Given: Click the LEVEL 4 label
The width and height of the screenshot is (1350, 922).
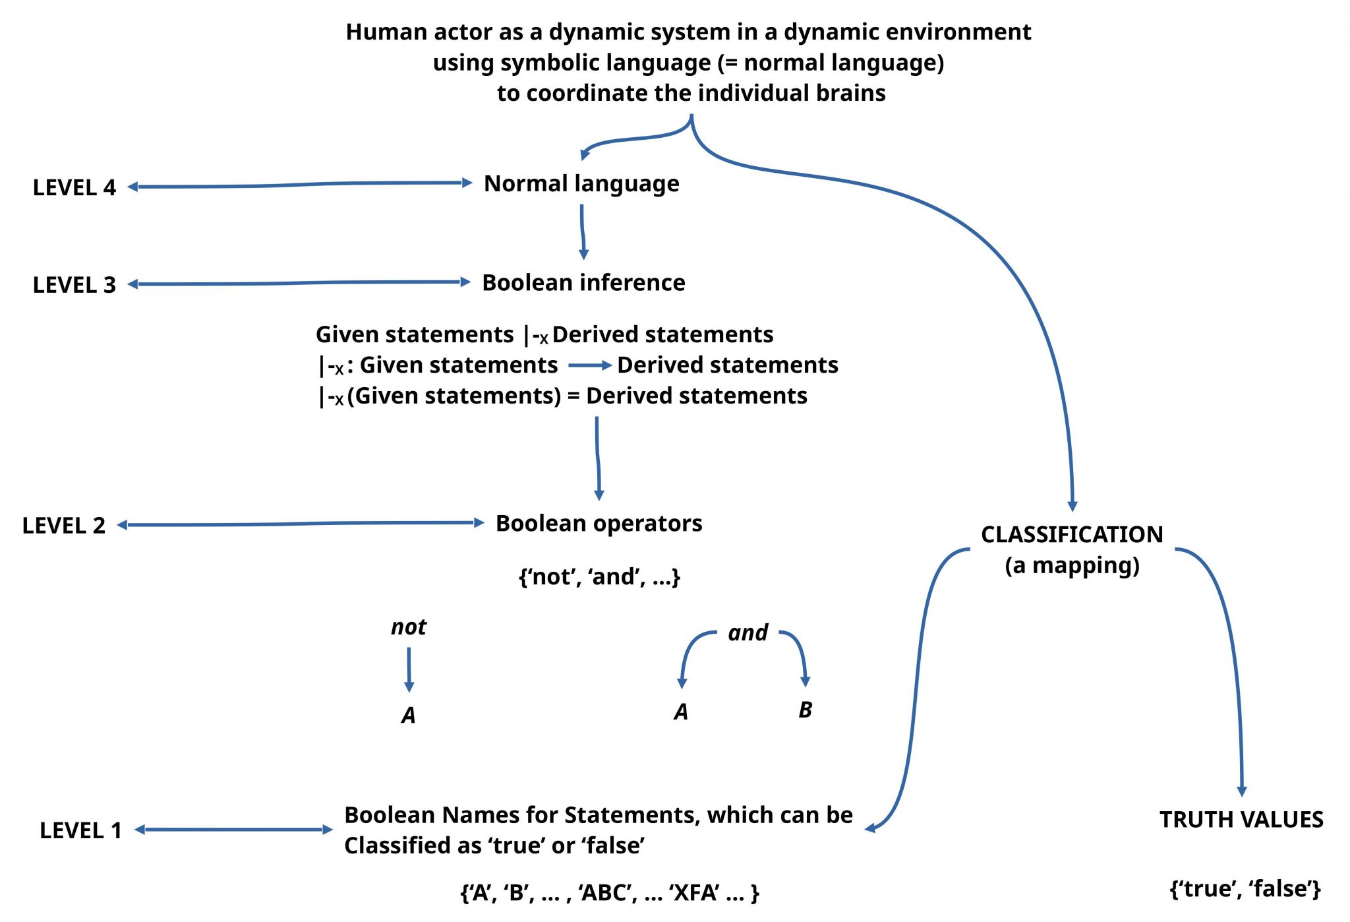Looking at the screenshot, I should (74, 188).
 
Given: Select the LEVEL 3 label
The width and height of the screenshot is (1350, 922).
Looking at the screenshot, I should (74, 285).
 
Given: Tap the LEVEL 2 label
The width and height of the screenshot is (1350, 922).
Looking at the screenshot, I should (63, 526).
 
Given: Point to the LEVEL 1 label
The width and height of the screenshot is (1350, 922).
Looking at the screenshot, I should (80, 830).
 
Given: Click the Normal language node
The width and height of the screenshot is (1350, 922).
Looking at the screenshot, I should (581, 183).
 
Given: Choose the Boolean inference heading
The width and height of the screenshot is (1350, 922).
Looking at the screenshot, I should (583, 282).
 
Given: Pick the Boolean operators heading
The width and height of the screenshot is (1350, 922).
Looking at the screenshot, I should (599, 523).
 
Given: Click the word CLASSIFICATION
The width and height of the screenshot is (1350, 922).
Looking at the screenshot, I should (1072, 534).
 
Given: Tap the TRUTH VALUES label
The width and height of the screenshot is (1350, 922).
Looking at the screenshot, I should (1241, 819).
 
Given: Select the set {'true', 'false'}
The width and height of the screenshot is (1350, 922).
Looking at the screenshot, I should (1245, 888).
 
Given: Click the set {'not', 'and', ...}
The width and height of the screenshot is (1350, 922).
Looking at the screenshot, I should (599, 576).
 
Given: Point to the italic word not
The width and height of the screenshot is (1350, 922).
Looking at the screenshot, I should (408, 627).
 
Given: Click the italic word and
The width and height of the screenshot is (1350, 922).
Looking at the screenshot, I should (748, 632).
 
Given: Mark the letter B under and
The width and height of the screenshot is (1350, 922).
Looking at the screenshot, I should (805, 710).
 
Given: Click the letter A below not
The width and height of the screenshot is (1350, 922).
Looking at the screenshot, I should (408, 715).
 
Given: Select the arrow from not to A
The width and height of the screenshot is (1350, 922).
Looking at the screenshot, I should (409, 669).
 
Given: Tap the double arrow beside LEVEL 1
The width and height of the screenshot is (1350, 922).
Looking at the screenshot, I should (234, 830).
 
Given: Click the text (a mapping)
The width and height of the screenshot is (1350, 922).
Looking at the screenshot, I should (1072, 565).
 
